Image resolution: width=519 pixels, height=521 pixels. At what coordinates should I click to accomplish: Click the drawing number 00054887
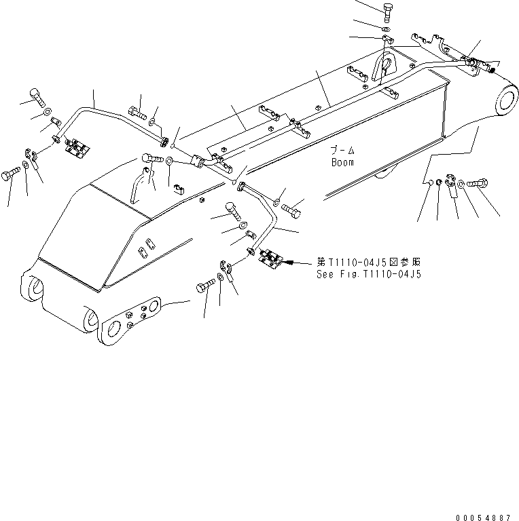tap(484, 516)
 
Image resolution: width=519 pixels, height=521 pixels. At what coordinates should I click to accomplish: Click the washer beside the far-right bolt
tap(462, 182)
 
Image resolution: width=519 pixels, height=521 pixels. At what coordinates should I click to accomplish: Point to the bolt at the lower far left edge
tap(12, 176)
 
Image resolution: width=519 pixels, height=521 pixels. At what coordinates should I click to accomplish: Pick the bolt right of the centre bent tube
tap(291, 207)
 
